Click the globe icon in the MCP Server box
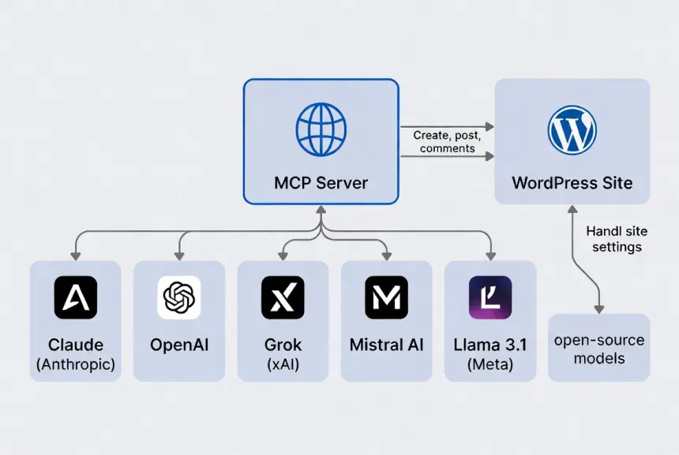click(321, 130)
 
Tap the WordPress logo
click(572, 130)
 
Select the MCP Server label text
click(321, 183)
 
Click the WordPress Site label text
click(572, 183)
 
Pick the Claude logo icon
click(76, 297)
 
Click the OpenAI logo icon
click(179, 297)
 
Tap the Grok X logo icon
click(283, 297)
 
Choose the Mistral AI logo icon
click(387, 297)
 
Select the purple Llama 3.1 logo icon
click(490, 297)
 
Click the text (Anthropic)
click(76, 364)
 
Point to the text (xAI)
click(283, 364)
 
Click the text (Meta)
click(490, 364)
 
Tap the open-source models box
click(599, 349)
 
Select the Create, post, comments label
click(447, 142)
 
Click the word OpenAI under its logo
click(179, 345)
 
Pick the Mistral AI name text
click(387, 345)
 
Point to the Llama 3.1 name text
click(490, 345)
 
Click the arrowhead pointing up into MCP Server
click(321, 210)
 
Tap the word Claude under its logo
click(76, 345)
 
